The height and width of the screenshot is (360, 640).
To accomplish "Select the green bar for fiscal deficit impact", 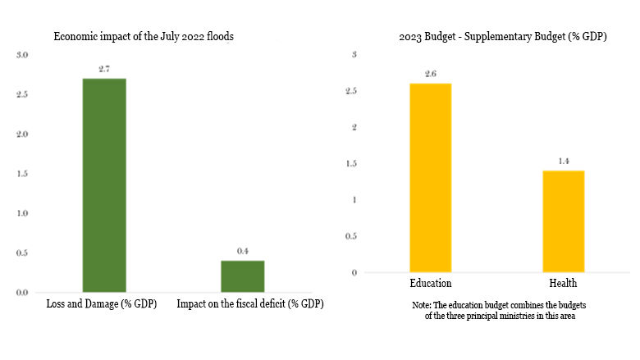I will [242, 276].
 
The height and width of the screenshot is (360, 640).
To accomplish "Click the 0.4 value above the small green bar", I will [242, 251].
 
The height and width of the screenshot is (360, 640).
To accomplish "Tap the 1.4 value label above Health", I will [563, 162].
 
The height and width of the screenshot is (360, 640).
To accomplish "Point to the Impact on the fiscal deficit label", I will [250, 304].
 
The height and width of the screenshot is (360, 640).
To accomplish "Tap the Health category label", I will [563, 284].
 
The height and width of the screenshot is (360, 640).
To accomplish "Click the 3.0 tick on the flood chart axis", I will [22, 55].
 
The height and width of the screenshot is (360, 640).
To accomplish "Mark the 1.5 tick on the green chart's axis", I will [22, 174].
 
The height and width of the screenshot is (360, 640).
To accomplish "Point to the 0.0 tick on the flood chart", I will [22, 292].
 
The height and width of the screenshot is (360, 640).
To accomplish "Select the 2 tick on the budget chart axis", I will [353, 127].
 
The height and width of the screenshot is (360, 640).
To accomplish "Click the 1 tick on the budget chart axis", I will [353, 200].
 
